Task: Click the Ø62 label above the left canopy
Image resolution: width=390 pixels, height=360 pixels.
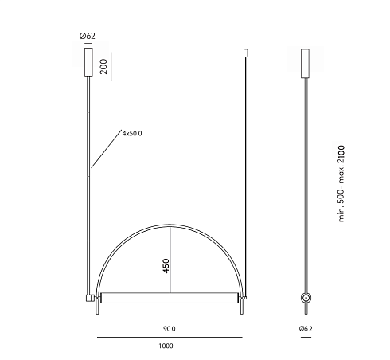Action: [x=88, y=36]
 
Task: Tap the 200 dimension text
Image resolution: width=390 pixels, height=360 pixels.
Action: [x=103, y=66]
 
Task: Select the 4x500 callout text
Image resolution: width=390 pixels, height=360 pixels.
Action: [x=132, y=133]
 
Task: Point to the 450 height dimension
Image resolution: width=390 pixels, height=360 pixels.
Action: [x=166, y=266]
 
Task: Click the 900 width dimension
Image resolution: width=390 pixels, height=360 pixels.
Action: [x=170, y=329]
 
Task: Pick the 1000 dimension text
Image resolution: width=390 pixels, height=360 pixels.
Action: [x=166, y=346]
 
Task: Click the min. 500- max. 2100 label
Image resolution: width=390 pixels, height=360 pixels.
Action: [x=341, y=183]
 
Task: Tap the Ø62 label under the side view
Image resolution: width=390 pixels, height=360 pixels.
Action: [x=306, y=329]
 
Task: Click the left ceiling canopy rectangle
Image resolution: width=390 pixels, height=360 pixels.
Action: [x=88, y=62]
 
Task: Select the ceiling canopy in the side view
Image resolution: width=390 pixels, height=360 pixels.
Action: [x=305, y=64]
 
